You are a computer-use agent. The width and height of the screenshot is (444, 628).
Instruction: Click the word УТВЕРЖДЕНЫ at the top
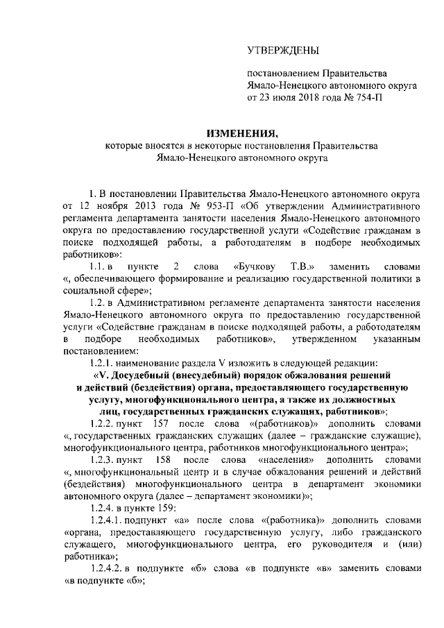284,51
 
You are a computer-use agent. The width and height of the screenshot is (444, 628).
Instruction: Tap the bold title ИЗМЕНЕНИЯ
243,133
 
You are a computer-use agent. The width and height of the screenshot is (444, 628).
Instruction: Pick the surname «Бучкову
258,266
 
